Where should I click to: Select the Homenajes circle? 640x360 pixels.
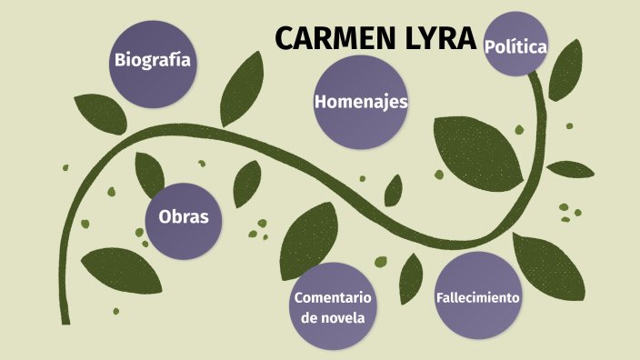pos(360,102)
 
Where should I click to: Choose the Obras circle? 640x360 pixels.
pos(184,218)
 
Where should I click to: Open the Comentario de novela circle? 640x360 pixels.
pos(333,306)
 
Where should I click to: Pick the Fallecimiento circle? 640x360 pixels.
pos(477,295)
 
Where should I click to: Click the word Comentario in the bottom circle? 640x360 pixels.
pos(333,297)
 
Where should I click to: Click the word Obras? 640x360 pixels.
pos(184,218)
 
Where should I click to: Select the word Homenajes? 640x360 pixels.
pos(360,102)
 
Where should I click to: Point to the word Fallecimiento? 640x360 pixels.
pos(477,297)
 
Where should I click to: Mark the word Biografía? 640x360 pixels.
pos(152,61)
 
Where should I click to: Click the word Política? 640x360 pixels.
pos(515,45)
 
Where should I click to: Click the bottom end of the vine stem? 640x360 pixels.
pos(65,318)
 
